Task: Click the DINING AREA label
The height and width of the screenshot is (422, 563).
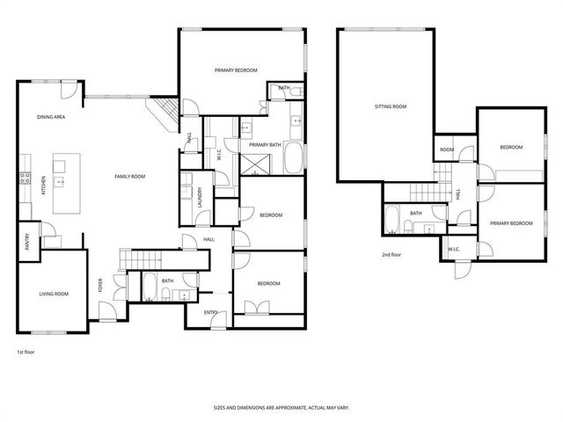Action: (49, 117)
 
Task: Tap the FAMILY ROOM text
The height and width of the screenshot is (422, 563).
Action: (129, 177)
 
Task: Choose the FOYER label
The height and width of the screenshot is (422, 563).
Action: (100, 285)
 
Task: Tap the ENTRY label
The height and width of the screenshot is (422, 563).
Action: (211, 312)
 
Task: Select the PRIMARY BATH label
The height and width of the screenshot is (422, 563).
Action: (264, 144)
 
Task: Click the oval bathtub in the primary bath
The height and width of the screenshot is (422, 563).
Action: (294, 159)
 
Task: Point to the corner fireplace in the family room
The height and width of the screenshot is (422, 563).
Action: (161, 112)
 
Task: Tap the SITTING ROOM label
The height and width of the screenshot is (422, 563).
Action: (390, 106)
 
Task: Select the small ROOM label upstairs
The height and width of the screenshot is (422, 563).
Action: (447, 150)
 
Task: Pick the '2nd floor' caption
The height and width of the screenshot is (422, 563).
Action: (391, 254)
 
